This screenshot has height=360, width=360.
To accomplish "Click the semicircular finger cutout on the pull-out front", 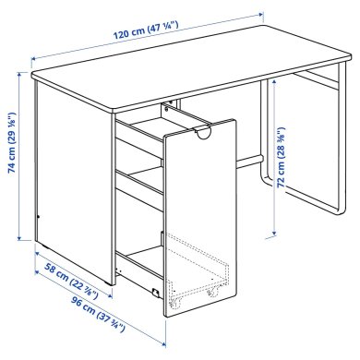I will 205,135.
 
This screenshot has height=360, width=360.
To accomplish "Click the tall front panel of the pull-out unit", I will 197,212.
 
